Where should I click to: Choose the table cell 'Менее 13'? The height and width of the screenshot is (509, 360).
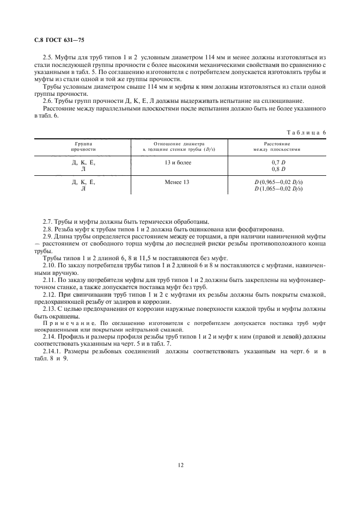(x=177, y=181)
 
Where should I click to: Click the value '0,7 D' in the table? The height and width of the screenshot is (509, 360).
(x=278, y=163)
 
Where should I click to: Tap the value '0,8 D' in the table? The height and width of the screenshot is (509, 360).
(x=278, y=169)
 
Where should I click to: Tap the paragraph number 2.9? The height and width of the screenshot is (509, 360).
(x=48, y=236)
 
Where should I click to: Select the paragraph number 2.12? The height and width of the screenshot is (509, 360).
(x=50, y=295)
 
